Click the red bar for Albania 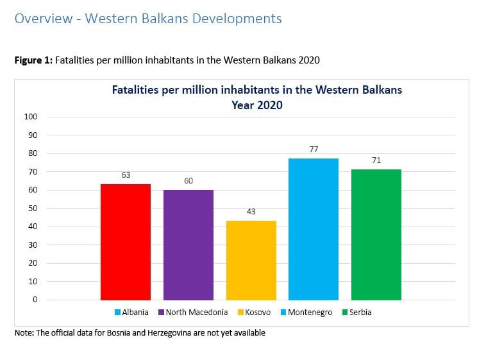point(126,242)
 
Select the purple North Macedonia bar point(188,244)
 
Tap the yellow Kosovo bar point(251,260)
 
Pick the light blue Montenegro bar point(313,229)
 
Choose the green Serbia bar point(376,234)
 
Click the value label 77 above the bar point(314,148)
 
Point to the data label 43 point(251,210)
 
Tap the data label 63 point(126,174)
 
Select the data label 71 point(376,160)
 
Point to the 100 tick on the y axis point(31,117)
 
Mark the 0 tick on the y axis point(35,300)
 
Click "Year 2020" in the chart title point(257,105)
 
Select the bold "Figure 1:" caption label point(33,60)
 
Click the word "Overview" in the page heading point(42,19)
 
